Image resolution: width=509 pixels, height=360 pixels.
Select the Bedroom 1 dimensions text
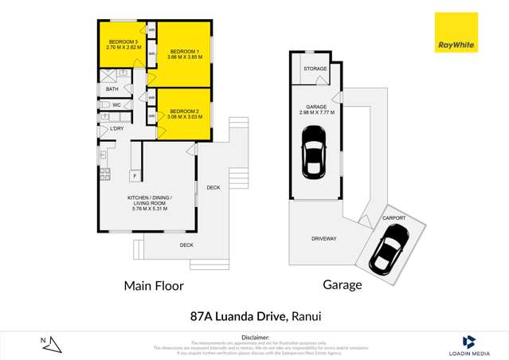(x=183, y=58)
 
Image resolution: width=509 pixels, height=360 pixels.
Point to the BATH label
(x=112, y=89)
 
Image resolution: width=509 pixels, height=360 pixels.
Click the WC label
(x=116, y=104)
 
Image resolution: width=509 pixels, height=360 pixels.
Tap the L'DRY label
(x=116, y=128)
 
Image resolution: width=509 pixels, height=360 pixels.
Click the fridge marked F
(x=135, y=175)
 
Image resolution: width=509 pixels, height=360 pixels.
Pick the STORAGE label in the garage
(x=315, y=69)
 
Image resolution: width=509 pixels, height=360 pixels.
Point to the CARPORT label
(x=393, y=218)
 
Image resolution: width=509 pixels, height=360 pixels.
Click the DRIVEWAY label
(x=324, y=238)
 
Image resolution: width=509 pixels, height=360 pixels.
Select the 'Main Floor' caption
(x=153, y=285)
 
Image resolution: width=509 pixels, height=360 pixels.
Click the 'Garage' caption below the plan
(x=342, y=284)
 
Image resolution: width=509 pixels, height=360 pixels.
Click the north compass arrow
(x=52, y=344)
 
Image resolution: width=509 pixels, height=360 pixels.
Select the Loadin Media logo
(x=468, y=343)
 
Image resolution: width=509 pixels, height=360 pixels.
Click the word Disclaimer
(x=254, y=337)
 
